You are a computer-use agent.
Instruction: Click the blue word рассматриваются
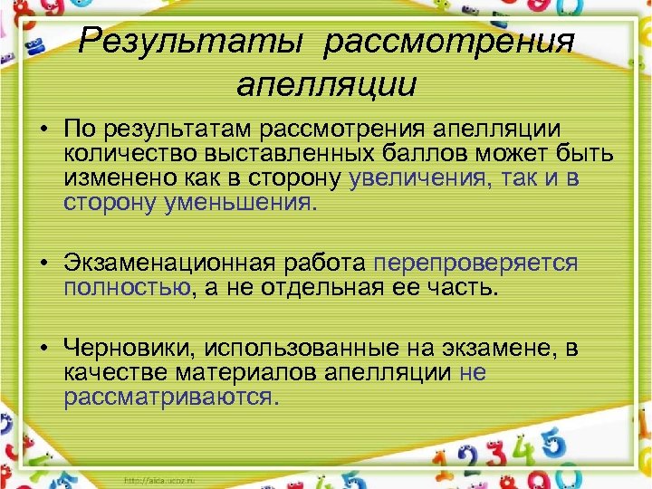click(x=171, y=397)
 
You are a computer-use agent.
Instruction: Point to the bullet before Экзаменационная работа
click(x=43, y=264)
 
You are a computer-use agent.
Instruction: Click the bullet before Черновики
click(x=43, y=349)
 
